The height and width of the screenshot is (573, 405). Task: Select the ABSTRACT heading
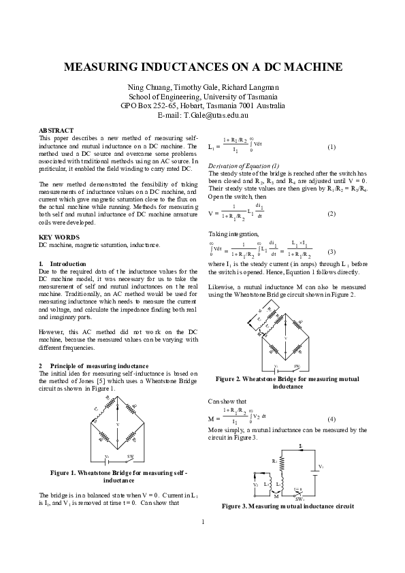click(56, 129)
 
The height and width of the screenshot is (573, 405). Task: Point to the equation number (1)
click(331, 147)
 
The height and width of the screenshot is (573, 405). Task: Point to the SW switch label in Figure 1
click(131, 456)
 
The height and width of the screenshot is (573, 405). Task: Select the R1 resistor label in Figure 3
click(274, 461)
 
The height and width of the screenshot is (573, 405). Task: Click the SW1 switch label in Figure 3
click(297, 498)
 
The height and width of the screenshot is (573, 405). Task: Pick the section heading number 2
click(41, 365)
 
